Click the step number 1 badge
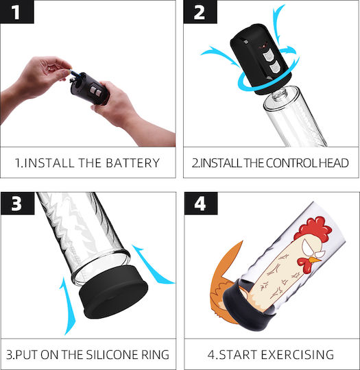coord(16,12)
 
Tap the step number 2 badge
coord(200,12)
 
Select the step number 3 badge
coord(17,203)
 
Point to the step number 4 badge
coord(201,203)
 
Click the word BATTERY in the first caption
coord(132,163)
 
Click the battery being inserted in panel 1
coord(76,73)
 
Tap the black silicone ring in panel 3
coord(113,292)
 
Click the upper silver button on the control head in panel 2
coord(267,57)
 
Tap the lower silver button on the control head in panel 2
coord(275,69)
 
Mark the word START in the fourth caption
coord(239,354)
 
